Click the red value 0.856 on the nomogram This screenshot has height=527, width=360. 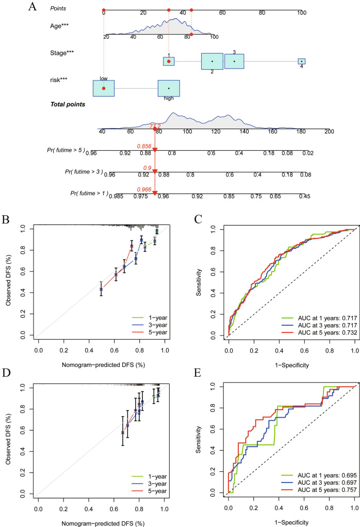tap(144, 146)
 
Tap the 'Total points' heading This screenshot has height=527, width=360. tap(68, 104)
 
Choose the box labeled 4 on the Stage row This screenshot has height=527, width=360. tap(302, 61)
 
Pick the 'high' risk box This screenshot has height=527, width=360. tap(169, 88)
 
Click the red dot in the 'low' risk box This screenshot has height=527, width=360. tap(104, 88)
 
